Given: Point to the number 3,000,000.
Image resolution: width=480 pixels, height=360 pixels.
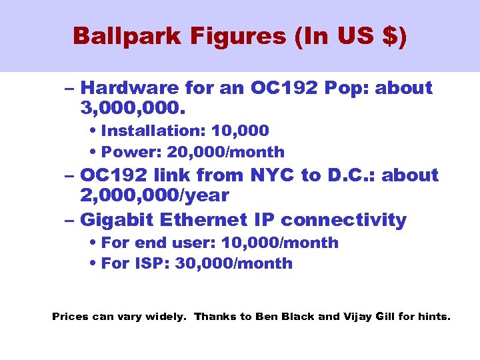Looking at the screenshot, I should coord(133,107).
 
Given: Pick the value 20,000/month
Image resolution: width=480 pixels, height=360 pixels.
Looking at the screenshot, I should coord(226,152).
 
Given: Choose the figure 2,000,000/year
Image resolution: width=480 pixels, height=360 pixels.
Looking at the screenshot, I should coord(154,195).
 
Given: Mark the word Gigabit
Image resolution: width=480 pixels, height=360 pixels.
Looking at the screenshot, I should coord(115,220).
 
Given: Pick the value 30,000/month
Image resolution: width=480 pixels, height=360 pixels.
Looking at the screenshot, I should coord(233,263).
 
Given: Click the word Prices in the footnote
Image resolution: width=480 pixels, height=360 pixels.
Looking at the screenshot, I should coord(69,317).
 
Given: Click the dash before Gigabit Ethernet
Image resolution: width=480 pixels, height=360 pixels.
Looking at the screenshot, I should coord(71,220).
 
